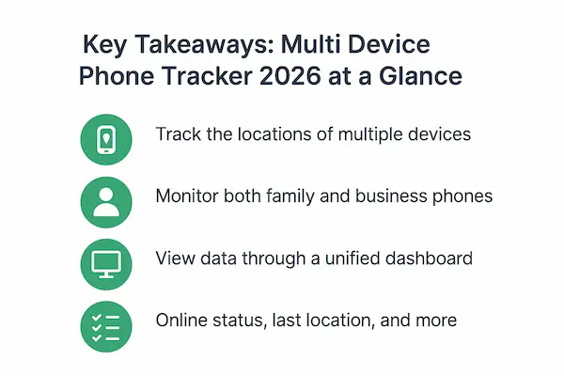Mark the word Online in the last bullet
click(x=182, y=320)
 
